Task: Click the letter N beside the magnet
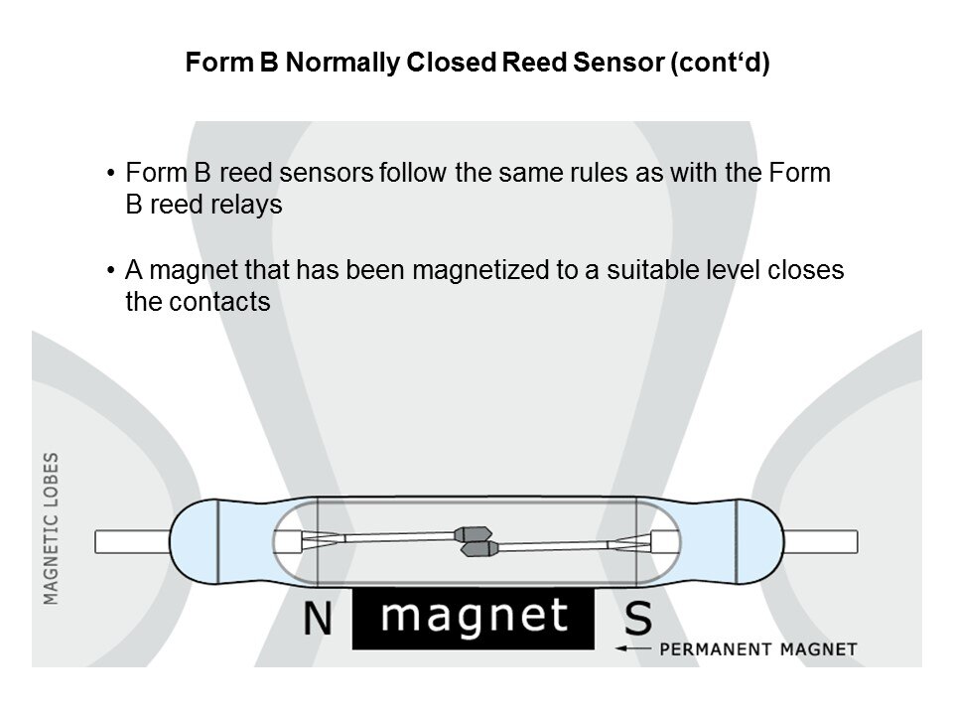(319, 620)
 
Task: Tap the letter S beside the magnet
(638, 620)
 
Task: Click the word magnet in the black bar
(476, 617)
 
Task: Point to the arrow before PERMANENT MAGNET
(632, 649)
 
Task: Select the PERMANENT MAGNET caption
(757, 649)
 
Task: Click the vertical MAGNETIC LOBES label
(52, 527)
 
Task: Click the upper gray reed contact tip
(467, 534)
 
